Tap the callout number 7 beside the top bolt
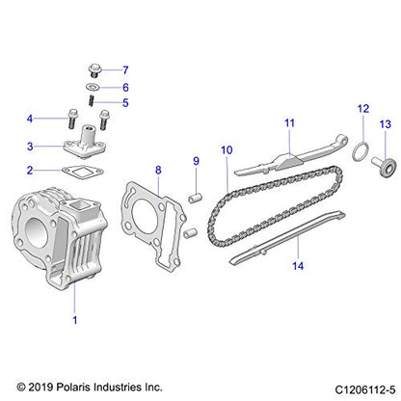click(x=123, y=70)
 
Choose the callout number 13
click(x=384, y=124)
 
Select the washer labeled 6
click(x=94, y=86)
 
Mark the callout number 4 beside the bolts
click(x=31, y=119)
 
